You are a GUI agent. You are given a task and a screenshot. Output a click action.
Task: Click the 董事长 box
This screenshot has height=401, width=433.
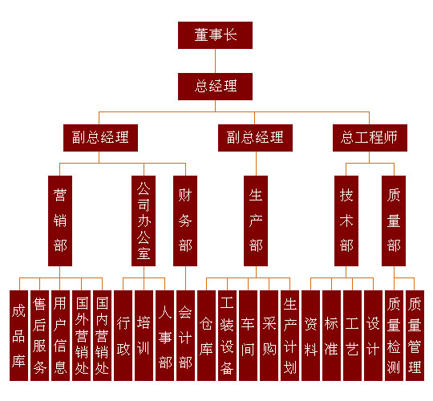(x=215, y=35)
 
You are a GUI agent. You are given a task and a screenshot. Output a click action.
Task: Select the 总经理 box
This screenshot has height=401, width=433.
(x=215, y=87)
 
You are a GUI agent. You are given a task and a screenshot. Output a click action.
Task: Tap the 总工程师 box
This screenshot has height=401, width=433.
(x=370, y=138)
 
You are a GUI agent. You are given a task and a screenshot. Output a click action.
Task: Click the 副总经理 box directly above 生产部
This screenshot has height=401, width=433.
(x=255, y=138)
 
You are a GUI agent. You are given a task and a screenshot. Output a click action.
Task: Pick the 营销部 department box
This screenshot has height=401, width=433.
(x=60, y=221)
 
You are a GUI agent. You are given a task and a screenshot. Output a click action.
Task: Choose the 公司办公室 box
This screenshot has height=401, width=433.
(x=144, y=221)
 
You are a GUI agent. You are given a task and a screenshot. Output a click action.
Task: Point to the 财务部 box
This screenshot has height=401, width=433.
(x=185, y=221)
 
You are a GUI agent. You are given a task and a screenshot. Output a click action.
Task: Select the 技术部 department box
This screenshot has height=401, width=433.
(x=346, y=221)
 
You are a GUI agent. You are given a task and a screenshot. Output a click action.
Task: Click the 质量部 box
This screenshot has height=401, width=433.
(x=394, y=221)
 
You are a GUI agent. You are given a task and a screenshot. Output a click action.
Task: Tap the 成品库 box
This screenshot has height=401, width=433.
(x=18, y=335)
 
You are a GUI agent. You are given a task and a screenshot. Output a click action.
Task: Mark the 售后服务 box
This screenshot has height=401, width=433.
(x=39, y=335)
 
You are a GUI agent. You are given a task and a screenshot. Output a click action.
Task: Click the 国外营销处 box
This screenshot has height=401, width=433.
(x=82, y=335)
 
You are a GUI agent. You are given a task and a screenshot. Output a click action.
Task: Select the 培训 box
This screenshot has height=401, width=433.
(x=144, y=335)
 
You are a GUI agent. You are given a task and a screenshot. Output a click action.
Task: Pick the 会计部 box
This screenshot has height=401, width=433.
(x=185, y=335)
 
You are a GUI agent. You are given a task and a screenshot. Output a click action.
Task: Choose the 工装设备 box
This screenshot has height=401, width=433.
(x=227, y=335)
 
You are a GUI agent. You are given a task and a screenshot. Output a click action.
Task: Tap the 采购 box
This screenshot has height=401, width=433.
(x=269, y=335)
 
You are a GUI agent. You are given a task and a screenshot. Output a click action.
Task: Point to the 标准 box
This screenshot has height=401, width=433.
(x=331, y=335)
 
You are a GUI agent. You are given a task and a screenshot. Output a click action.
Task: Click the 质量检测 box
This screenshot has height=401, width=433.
(x=394, y=335)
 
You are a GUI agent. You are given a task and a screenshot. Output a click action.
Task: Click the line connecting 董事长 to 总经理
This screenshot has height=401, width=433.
(x=215, y=61)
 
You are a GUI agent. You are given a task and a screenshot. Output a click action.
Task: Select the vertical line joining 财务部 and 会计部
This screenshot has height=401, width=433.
(x=185, y=278)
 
